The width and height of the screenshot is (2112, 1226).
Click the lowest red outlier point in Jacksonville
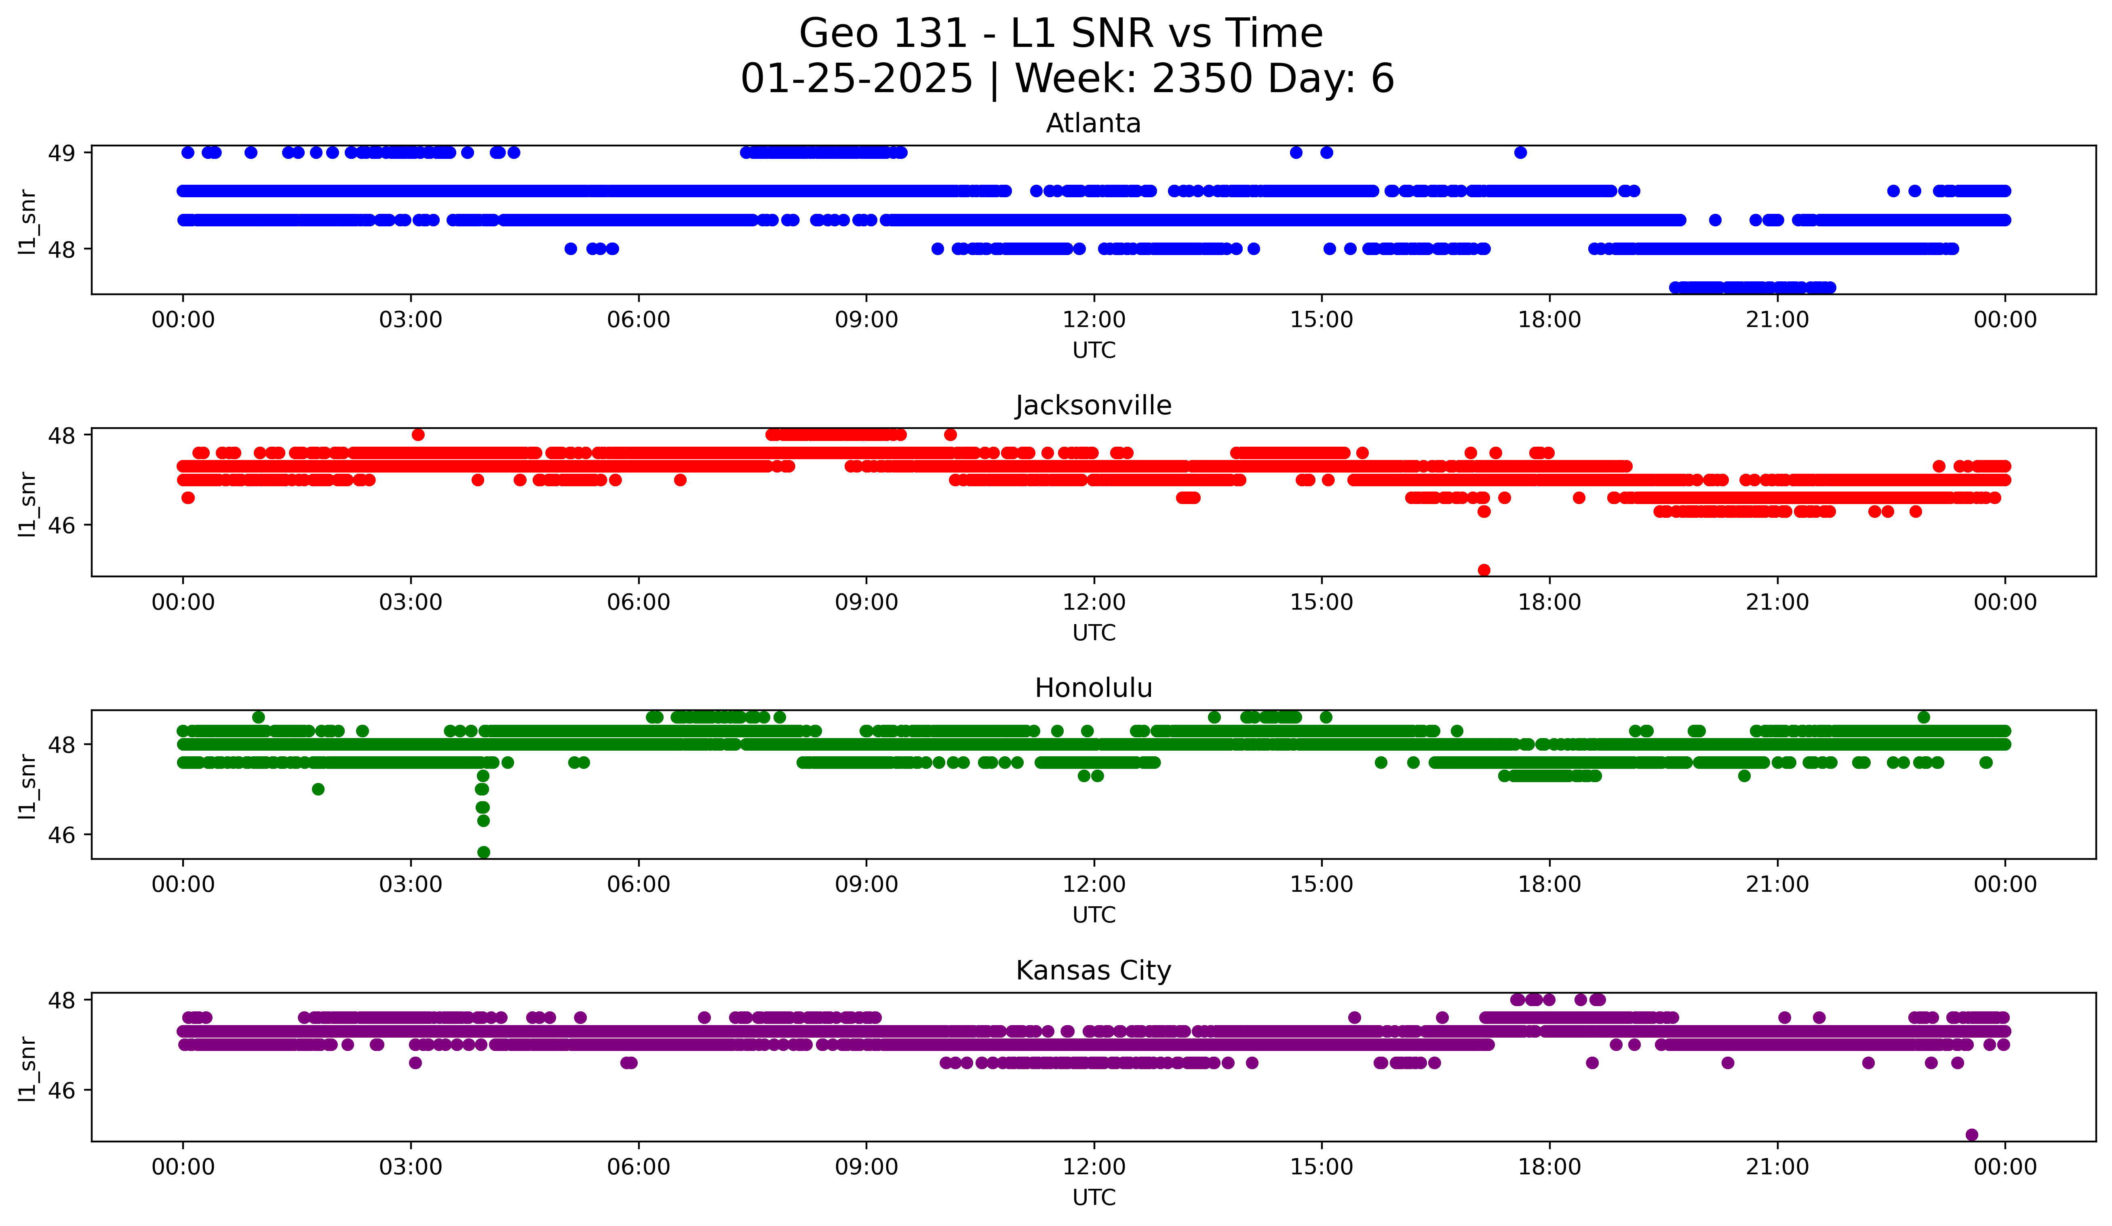(1484, 570)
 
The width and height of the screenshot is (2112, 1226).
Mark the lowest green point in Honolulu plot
(484, 852)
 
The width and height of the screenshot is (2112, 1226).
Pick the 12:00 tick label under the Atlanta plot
(1094, 320)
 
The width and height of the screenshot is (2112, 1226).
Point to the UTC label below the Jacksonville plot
(1094, 633)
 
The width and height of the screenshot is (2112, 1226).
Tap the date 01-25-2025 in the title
(856, 79)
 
